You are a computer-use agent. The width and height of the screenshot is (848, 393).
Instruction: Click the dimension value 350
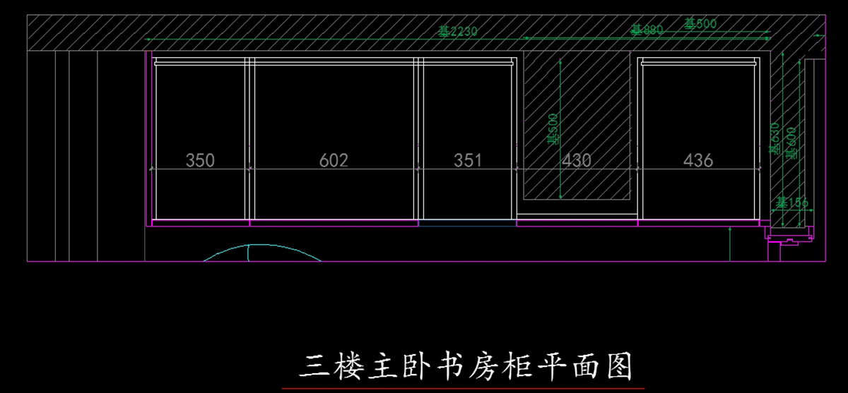click(x=200, y=160)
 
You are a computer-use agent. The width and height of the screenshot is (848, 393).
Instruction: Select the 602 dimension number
click(x=334, y=160)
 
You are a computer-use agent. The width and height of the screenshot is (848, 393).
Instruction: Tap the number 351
click(x=468, y=160)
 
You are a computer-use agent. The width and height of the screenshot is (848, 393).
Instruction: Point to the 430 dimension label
click(x=577, y=160)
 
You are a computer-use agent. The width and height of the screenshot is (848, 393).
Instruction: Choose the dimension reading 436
click(x=698, y=160)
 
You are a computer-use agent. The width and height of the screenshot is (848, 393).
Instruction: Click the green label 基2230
click(x=458, y=31)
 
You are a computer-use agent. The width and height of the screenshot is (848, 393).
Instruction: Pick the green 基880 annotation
click(x=647, y=30)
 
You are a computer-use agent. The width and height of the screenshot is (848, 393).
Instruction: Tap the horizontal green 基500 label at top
click(x=700, y=23)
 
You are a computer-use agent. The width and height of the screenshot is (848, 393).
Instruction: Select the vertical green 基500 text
click(x=553, y=129)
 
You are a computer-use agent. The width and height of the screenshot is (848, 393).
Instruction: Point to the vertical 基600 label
click(x=791, y=142)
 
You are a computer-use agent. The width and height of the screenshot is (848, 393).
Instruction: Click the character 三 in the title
click(x=310, y=367)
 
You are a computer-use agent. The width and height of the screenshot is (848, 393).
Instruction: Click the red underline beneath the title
click(x=463, y=388)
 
